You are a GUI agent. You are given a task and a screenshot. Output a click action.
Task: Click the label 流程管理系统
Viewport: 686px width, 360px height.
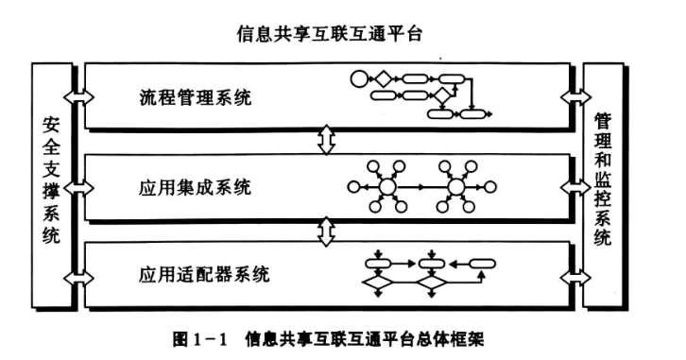click(195, 97)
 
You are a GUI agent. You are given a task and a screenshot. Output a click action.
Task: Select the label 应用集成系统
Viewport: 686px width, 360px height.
click(194, 187)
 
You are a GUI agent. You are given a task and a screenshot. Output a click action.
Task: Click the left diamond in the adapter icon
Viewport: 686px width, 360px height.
click(377, 282)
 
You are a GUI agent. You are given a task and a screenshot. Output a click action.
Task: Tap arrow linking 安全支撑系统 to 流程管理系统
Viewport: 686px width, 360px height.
click(77, 96)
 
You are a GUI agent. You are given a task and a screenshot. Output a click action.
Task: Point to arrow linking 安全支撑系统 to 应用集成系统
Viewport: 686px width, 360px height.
click(77, 186)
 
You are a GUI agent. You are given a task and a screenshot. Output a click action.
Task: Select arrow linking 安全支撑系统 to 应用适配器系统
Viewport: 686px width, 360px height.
click(77, 275)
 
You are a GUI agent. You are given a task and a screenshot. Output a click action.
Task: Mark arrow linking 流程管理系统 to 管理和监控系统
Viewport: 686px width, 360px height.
click(575, 96)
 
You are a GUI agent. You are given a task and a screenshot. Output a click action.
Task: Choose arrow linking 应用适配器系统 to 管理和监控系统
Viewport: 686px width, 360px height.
click(575, 275)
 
